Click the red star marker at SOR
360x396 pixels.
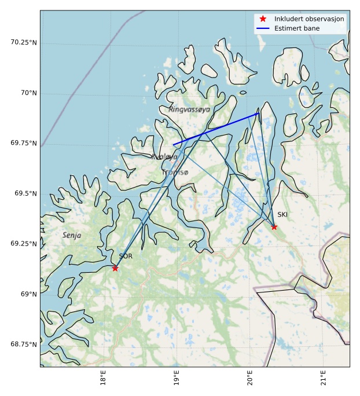(115, 268)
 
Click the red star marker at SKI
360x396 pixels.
(274, 227)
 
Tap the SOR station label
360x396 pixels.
(126, 256)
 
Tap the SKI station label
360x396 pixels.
(282, 215)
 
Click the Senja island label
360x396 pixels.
(72, 236)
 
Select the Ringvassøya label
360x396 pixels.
(189, 109)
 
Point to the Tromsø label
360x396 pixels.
(175, 173)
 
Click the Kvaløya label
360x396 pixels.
(164, 157)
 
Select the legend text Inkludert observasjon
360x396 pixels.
(309, 19)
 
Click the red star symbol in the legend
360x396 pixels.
(263, 19)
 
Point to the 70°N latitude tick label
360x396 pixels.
(27, 93)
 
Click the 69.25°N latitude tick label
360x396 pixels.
(24, 244)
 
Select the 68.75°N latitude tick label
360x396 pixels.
(24, 344)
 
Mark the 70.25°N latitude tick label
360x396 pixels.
(24, 43)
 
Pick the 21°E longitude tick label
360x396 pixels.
(323, 379)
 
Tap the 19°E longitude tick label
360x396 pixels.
(176, 379)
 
